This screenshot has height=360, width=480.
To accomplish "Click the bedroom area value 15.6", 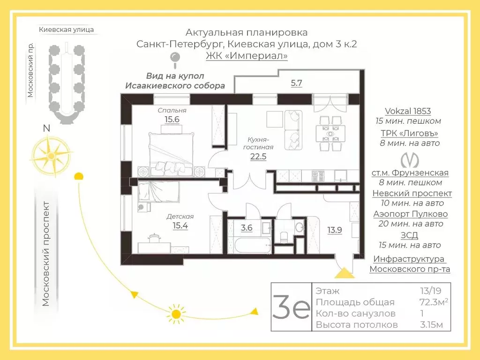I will [x=172, y=119].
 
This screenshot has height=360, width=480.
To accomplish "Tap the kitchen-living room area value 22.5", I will [x=258, y=157].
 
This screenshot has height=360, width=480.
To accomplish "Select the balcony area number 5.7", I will [x=296, y=83].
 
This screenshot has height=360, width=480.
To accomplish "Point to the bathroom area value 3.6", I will [x=247, y=228].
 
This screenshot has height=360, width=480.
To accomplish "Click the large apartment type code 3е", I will [x=291, y=307].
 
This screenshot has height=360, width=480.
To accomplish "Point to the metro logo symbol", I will [x=410, y=159].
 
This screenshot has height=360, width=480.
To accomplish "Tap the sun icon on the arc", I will [x=176, y=314].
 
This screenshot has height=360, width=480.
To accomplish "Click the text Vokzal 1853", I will [x=407, y=111].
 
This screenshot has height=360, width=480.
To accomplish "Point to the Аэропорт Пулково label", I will [x=410, y=214].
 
